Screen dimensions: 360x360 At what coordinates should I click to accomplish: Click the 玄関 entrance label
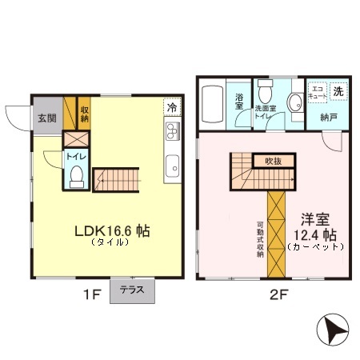point(46,118)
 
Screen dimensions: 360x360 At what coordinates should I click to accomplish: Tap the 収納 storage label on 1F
point(85,114)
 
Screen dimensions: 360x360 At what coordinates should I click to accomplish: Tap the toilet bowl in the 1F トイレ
point(77,176)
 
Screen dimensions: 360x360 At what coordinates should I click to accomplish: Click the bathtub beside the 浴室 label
point(214,102)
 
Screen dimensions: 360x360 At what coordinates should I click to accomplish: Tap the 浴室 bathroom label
point(239,101)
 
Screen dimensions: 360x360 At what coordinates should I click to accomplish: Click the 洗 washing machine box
point(338,91)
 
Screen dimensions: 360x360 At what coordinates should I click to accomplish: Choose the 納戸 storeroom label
point(328,117)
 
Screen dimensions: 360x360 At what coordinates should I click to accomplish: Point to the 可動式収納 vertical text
point(260,232)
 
